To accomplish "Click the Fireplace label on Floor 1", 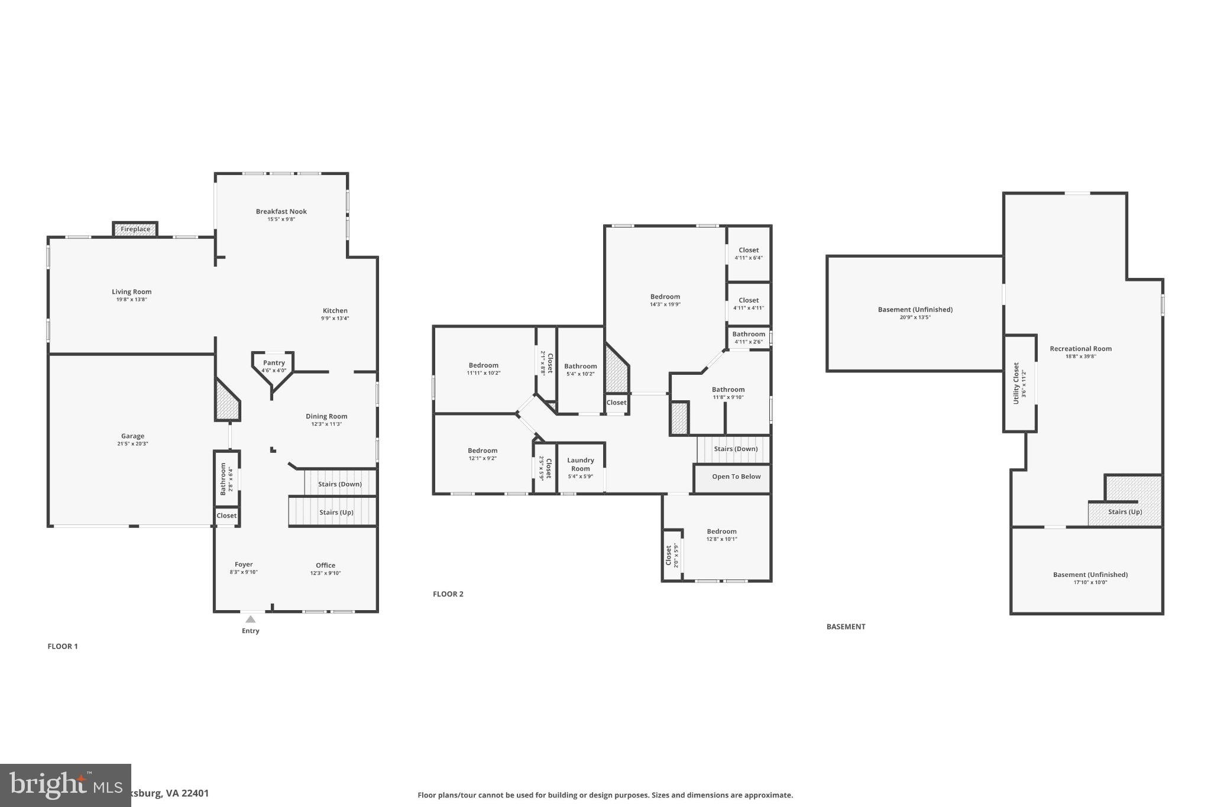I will coord(135,229).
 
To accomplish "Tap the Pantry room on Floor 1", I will coord(274,366).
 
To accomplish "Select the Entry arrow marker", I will coord(251,619).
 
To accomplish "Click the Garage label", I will coord(132,436).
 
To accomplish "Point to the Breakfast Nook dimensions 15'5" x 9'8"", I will coord(281,219).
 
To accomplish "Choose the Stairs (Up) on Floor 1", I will coord(336,512).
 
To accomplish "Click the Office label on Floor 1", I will coord(325,565).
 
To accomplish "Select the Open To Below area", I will coord(736,477).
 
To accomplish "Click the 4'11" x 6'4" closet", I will coord(748,254).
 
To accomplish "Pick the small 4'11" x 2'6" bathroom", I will coord(748,337).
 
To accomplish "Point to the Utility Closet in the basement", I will coord(1019,383).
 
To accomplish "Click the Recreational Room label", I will coord(1080,349).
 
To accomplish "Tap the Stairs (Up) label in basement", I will coord(1125,512).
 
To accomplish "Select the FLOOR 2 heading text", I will coord(448,594).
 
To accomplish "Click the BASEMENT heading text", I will coord(846,627).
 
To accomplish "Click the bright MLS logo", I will coord(65,785).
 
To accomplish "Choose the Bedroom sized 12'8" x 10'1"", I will coord(721,534).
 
